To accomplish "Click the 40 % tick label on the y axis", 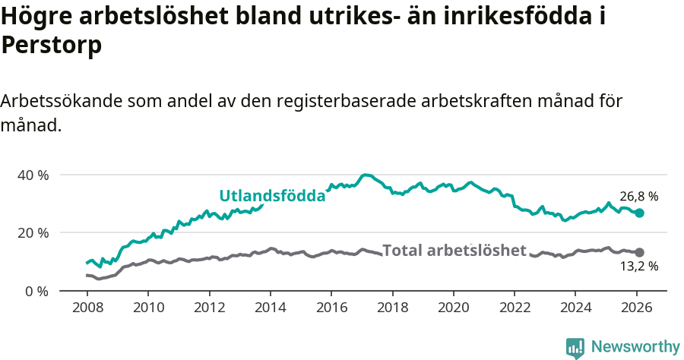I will point(33,175).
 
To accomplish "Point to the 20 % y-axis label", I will point(33,232).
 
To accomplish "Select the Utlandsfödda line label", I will point(272,196).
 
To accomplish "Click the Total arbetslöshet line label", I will point(454,250).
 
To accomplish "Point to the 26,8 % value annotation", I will point(638,197).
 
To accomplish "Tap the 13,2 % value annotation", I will point(638,266).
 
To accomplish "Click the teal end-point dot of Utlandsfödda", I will point(639,213).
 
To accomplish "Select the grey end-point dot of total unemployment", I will point(639,252).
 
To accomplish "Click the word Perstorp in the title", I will point(52,46).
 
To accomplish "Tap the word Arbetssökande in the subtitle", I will point(61,101).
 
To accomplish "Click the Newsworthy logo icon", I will point(575,347).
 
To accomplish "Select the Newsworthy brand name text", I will point(635,347).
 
